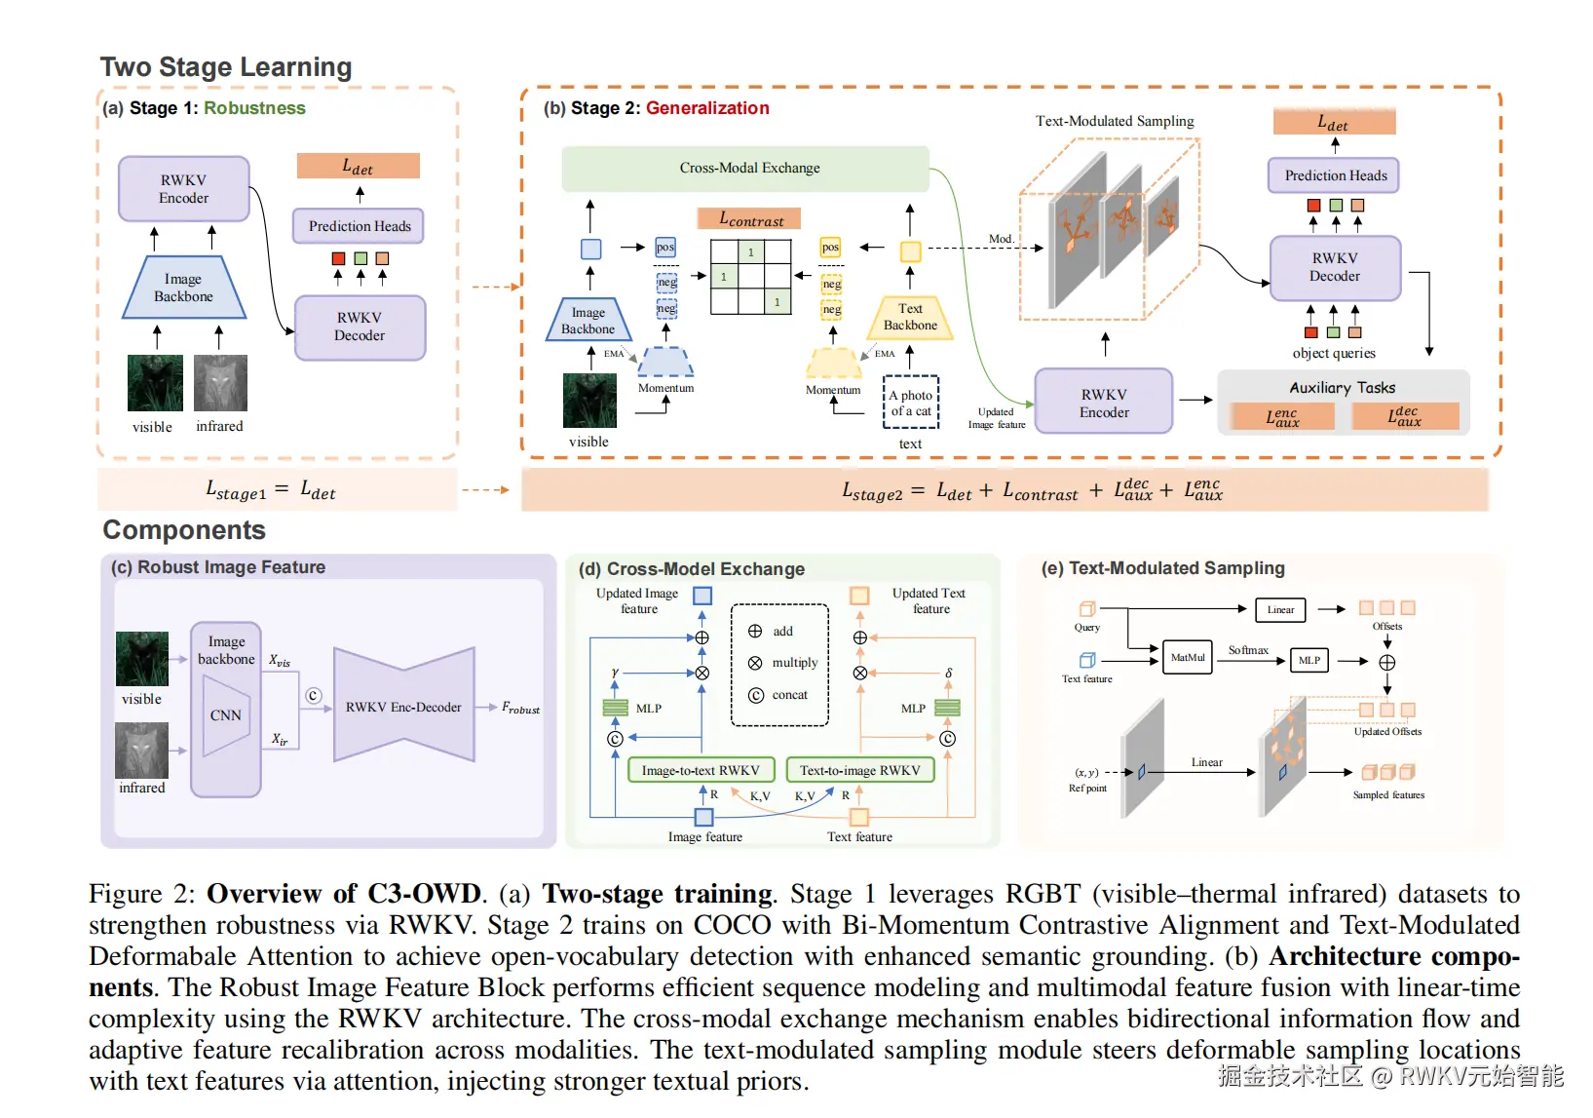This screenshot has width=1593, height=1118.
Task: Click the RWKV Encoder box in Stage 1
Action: [183, 189]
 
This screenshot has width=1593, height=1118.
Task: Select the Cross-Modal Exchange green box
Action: [745, 169]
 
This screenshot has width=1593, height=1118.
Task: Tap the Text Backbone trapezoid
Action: [910, 318]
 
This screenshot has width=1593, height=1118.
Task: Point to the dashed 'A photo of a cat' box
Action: [911, 403]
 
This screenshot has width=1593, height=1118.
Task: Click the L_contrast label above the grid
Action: [749, 219]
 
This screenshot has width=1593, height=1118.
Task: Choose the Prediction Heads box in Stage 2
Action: [1334, 175]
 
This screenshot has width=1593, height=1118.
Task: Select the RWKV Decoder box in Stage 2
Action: [1334, 267]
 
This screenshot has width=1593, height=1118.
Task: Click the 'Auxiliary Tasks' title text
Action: [1342, 387]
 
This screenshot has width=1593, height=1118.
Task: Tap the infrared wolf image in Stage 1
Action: [220, 383]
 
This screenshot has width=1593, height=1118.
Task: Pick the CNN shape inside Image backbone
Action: [226, 715]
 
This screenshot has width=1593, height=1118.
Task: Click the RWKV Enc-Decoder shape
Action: [403, 707]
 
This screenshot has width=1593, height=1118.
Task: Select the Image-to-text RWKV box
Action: [700, 770]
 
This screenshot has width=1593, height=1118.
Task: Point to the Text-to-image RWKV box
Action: [859, 770]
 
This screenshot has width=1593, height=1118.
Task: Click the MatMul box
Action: [1188, 658]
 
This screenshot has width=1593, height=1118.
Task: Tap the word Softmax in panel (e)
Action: [1248, 650]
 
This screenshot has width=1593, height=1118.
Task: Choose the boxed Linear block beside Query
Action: [1280, 610]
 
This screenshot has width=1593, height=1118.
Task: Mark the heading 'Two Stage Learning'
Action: [226, 67]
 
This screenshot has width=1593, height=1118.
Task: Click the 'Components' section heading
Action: [184, 530]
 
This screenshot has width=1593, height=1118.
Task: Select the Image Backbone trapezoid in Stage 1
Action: [183, 289]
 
